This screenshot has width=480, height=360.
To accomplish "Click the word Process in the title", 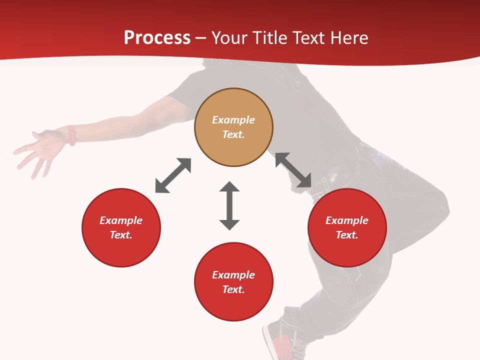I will [157, 38].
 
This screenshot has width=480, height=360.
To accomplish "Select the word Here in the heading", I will [349, 38].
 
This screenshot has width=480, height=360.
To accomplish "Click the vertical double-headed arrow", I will [229, 205].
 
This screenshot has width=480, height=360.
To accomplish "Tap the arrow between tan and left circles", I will [173, 175].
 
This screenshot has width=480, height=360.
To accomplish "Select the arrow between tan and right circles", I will [293, 170].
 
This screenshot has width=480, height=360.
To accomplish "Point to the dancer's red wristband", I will [71, 135].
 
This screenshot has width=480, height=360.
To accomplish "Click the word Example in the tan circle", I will [233, 120].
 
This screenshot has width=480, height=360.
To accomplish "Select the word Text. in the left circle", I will [121, 235].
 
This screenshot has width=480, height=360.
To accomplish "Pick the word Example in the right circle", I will [347, 220].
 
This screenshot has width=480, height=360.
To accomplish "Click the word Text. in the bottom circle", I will [233, 289].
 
